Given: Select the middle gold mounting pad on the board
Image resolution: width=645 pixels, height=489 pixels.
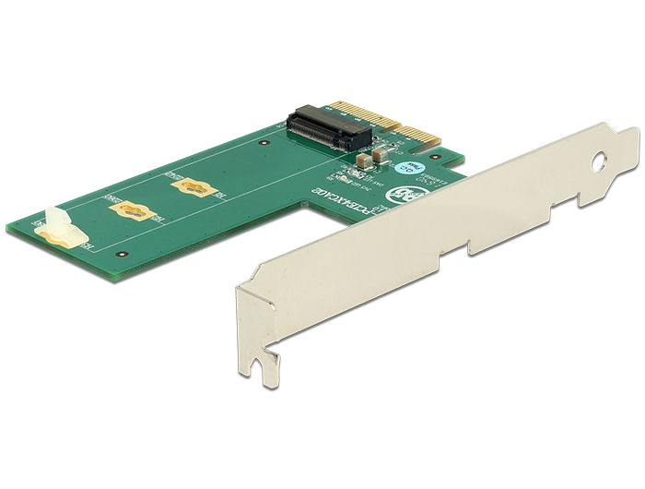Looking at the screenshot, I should pyautogui.click(x=128, y=210).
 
